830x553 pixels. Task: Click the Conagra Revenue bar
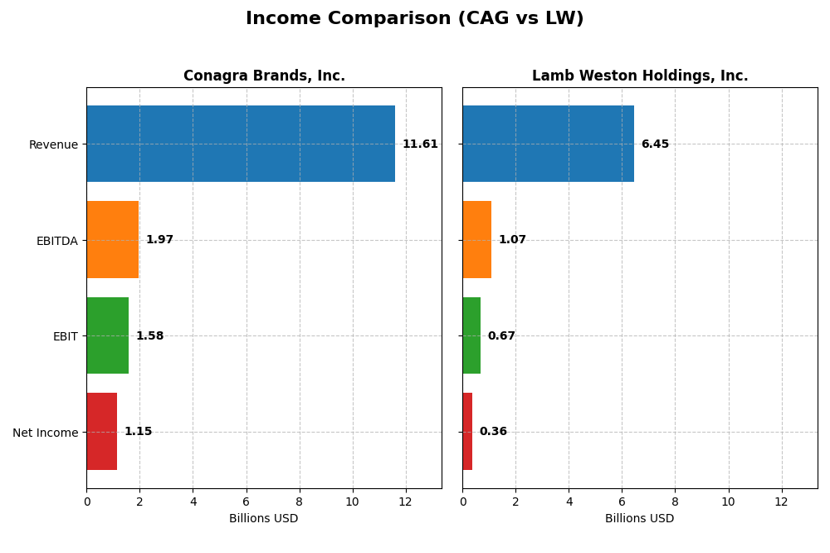click(x=241, y=144)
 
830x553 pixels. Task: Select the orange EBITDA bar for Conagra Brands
click(x=113, y=240)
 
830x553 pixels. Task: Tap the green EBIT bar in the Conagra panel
click(x=108, y=335)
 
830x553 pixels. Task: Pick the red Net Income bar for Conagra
click(x=102, y=432)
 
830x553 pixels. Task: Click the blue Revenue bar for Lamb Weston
click(x=548, y=144)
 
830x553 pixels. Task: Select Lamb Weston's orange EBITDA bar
click(x=477, y=240)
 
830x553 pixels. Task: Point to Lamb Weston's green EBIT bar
click(x=471, y=335)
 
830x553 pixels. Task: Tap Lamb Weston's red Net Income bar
click(x=467, y=432)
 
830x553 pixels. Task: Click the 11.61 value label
click(x=420, y=144)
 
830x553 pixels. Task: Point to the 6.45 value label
click(x=655, y=144)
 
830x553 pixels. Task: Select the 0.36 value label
click(x=493, y=432)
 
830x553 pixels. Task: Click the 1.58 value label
click(x=149, y=336)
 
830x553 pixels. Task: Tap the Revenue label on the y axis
click(x=53, y=144)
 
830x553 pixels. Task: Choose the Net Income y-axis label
click(x=46, y=433)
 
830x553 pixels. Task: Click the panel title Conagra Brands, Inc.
click(x=264, y=76)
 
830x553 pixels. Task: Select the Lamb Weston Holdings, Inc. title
click(x=640, y=76)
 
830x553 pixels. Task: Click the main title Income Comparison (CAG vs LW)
click(x=414, y=19)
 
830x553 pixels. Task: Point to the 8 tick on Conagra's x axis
click(x=300, y=502)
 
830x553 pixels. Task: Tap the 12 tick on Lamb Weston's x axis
click(x=782, y=502)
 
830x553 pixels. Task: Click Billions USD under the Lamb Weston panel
click(x=639, y=518)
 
